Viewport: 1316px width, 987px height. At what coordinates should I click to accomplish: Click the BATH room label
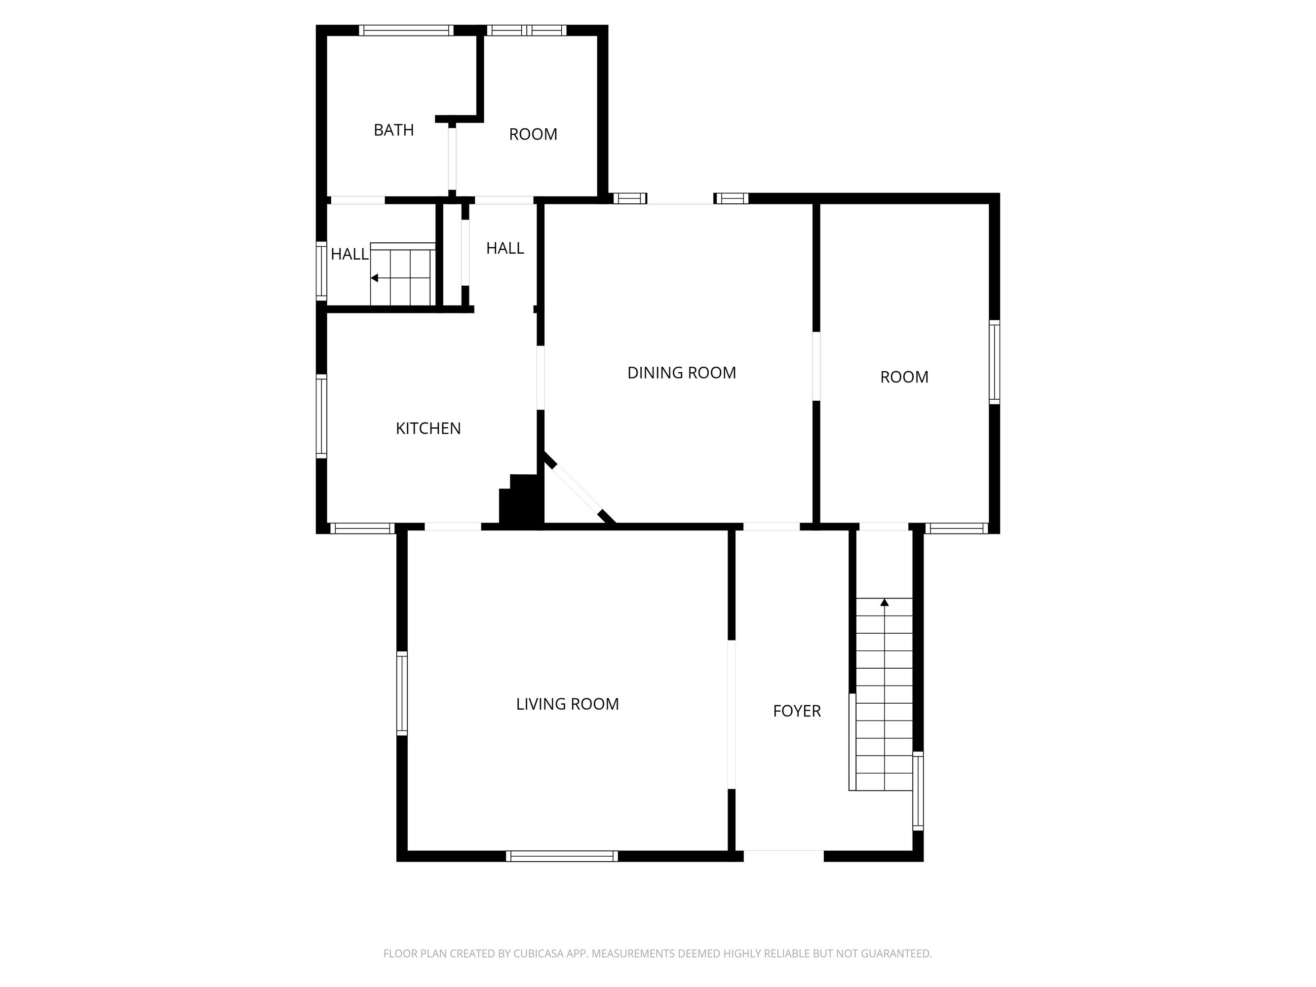pyautogui.click(x=393, y=130)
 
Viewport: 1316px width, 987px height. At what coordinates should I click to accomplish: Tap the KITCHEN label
pyautogui.click(x=428, y=428)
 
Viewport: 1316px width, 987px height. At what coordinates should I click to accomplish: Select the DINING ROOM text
pyautogui.click(x=682, y=373)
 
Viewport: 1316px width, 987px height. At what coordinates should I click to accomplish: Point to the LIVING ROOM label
pyautogui.click(x=568, y=704)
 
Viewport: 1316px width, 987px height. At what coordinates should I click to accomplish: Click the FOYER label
pyautogui.click(x=797, y=711)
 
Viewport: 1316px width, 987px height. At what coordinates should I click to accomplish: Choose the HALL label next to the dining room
pyautogui.click(x=505, y=248)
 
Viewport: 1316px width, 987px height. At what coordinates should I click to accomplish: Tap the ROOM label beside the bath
pyautogui.click(x=533, y=134)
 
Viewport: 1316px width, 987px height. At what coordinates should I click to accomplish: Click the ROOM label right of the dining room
pyautogui.click(x=904, y=377)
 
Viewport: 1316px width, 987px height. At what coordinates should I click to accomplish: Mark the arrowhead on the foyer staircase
pyautogui.click(x=885, y=602)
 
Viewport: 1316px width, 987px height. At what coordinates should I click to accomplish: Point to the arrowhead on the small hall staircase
pyautogui.click(x=374, y=278)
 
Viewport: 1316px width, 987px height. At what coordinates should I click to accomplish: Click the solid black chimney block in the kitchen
pyautogui.click(x=522, y=500)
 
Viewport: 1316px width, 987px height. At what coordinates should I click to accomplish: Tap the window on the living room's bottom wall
pyautogui.click(x=562, y=856)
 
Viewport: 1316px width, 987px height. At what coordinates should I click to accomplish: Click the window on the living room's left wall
pyautogui.click(x=402, y=693)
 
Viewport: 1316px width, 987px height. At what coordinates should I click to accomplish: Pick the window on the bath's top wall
pyautogui.click(x=406, y=30)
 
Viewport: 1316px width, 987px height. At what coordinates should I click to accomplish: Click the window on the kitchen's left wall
pyautogui.click(x=321, y=417)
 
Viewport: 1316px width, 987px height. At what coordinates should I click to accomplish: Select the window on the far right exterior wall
pyautogui.click(x=994, y=362)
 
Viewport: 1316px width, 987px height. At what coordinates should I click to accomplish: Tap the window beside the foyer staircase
pyautogui.click(x=918, y=791)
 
